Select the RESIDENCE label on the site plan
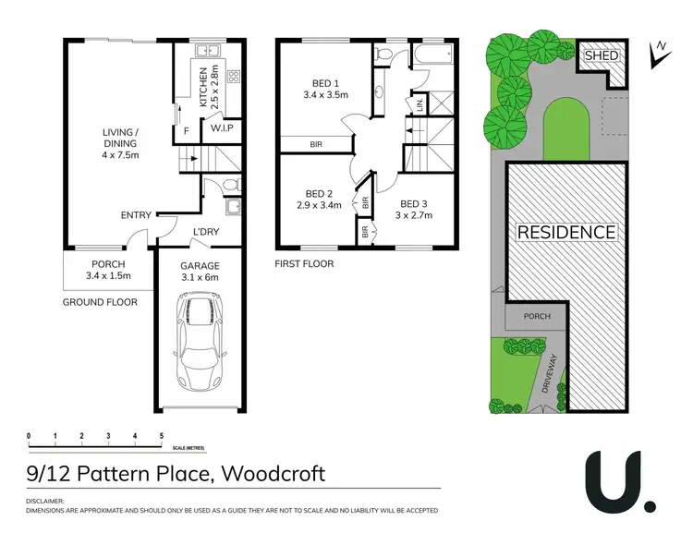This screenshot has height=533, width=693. point(565,232)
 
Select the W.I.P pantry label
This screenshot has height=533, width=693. point(221,128)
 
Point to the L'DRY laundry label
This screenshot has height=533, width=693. point(205,231)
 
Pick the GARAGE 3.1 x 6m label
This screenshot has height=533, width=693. point(200,271)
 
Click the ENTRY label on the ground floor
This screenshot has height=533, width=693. point(136,215)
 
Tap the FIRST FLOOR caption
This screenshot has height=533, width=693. point(304,264)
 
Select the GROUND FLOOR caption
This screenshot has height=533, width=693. point(100,302)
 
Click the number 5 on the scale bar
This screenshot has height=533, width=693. point(162,434)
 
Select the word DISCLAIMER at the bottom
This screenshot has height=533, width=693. point(49,501)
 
